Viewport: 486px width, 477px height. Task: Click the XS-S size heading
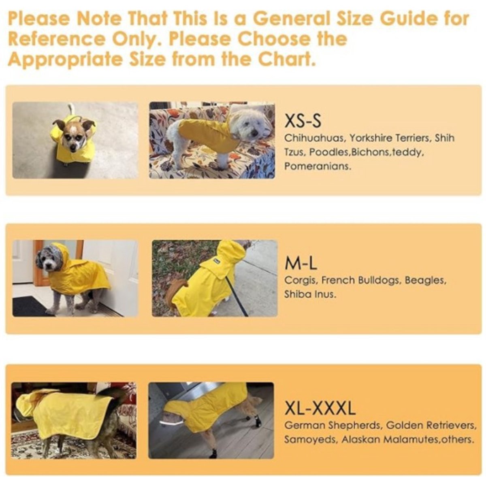click(303, 121)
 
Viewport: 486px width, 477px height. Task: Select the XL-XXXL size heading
click(320, 408)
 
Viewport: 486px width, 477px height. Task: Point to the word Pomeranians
click(318, 166)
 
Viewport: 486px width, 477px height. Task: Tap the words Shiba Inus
click(310, 294)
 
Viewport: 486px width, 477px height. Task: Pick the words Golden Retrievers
click(431, 426)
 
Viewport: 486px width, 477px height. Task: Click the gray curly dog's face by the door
click(51, 261)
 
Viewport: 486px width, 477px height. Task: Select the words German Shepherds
click(333, 426)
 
